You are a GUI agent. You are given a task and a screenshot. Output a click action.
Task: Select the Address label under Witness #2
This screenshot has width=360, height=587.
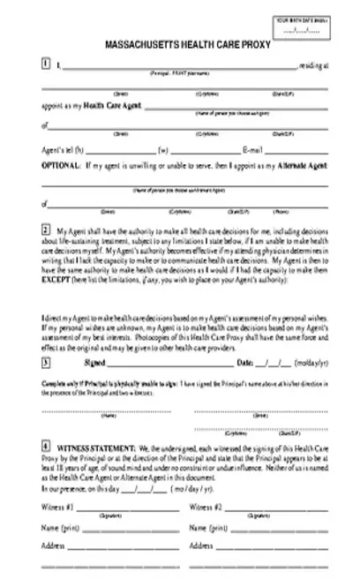pos(202,546)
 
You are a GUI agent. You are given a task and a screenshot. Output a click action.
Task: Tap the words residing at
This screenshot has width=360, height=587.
pos(313,64)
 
